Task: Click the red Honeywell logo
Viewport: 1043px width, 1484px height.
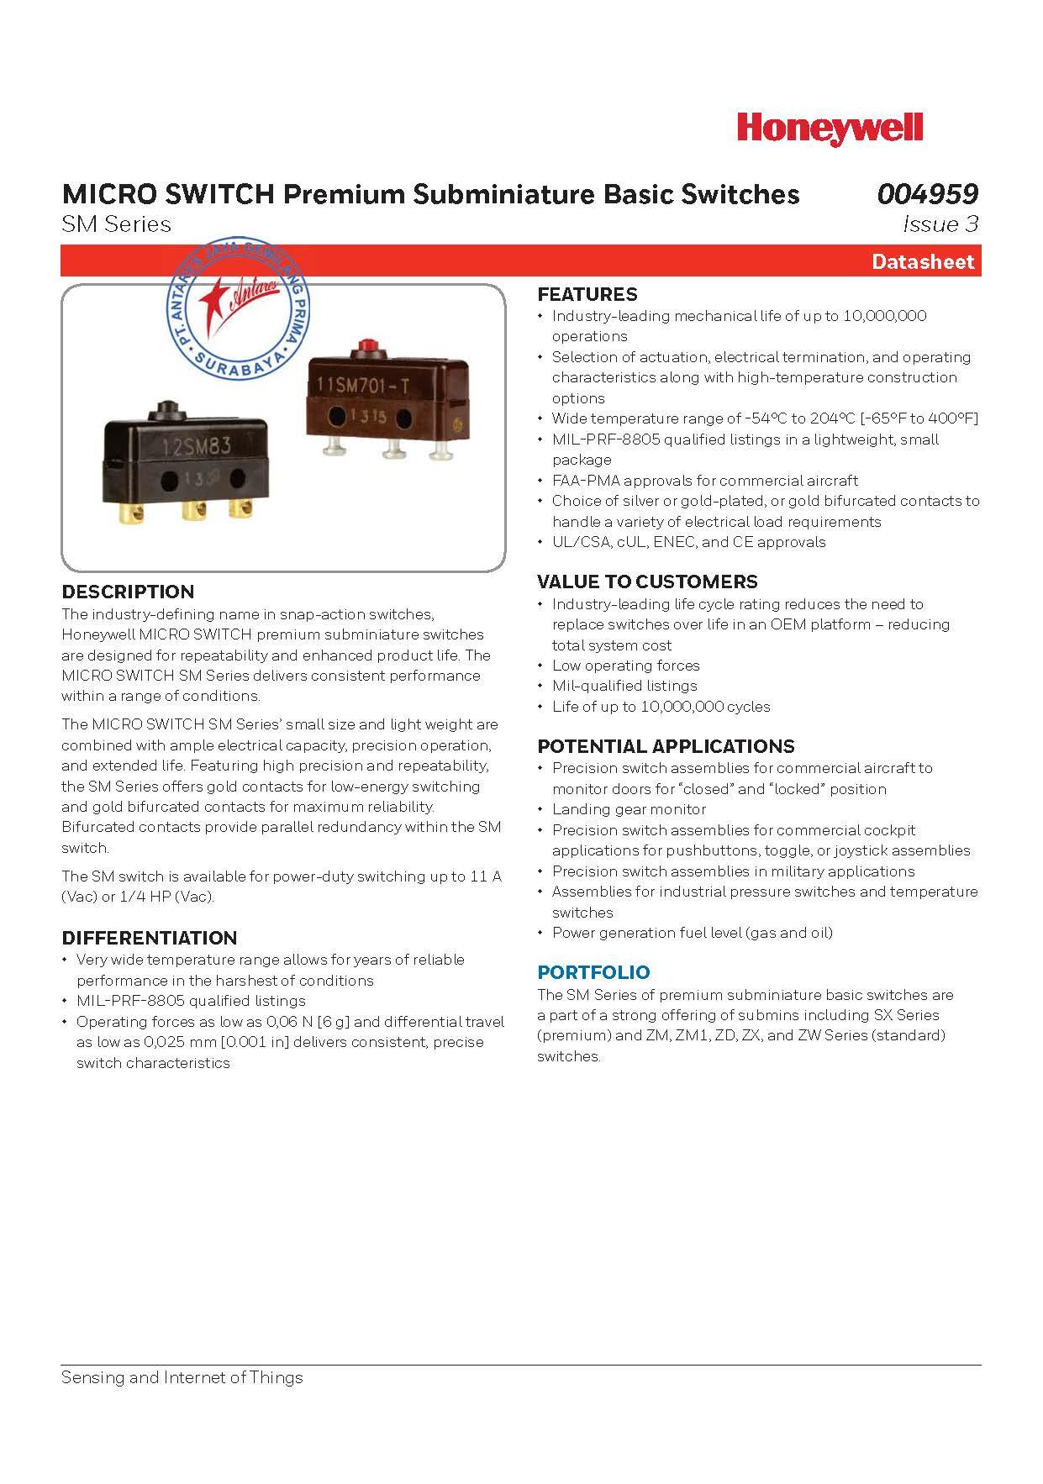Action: coord(830,129)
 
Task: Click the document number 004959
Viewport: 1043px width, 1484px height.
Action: coord(928,194)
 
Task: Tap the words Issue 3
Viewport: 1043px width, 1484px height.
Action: coord(940,224)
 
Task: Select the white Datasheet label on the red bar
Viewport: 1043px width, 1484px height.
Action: coord(922,261)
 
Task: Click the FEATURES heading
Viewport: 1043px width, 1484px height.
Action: coord(587,294)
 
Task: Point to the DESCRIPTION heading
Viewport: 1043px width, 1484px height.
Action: coord(128,592)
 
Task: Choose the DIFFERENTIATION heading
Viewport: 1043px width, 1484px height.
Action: coord(149,938)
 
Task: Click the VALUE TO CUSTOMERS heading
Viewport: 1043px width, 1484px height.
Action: coord(646,581)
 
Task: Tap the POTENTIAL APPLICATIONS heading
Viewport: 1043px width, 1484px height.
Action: coord(665,746)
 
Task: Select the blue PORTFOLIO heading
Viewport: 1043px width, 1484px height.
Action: coord(593,972)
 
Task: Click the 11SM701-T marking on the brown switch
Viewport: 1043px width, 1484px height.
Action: coord(362,386)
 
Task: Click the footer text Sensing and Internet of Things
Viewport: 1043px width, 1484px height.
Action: coord(182,1377)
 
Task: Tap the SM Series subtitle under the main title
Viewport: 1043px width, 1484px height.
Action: coord(116,224)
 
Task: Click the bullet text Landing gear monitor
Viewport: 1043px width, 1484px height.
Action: coord(629,809)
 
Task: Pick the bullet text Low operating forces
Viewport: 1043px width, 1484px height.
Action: coord(625,666)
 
